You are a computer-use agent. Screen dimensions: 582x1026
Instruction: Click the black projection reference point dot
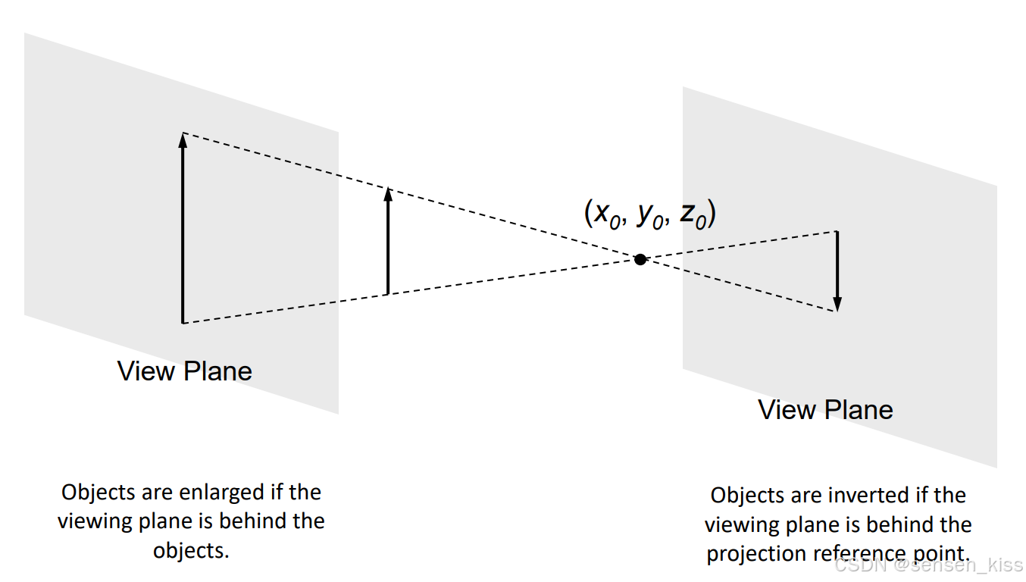click(x=640, y=259)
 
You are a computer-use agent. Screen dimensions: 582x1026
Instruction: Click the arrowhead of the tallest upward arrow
click(x=183, y=139)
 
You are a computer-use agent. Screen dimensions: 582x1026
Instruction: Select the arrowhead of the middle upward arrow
click(x=388, y=193)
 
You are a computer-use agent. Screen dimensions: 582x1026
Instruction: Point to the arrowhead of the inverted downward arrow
click(x=837, y=305)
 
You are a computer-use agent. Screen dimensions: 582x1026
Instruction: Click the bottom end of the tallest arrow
click(x=183, y=322)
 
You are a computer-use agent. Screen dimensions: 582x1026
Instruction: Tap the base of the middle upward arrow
click(x=388, y=293)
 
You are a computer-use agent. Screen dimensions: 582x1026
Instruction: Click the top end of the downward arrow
click(x=837, y=232)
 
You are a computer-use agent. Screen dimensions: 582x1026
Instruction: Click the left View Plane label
click(x=184, y=371)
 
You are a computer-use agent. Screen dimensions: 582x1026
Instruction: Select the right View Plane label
click(x=825, y=410)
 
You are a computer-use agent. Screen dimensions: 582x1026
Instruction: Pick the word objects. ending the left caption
click(x=191, y=550)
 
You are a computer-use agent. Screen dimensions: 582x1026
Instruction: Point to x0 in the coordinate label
click(x=605, y=215)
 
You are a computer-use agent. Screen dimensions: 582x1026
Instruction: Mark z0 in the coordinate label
click(x=693, y=215)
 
